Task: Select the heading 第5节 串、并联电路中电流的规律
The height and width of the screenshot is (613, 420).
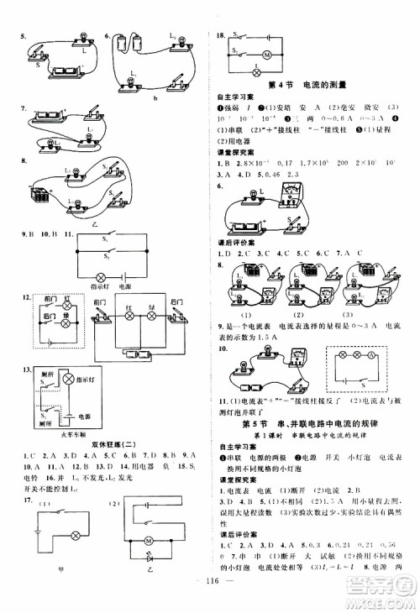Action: point(314,421)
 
